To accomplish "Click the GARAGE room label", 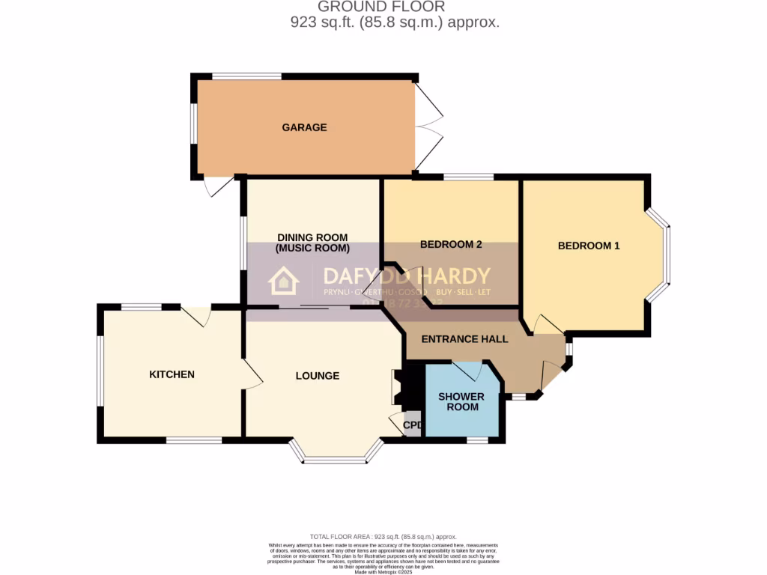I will click(x=304, y=127).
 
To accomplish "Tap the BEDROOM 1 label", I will click(x=589, y=246).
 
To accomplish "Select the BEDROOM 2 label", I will click(x=450, y=244).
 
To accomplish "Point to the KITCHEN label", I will click(x=172, y=374).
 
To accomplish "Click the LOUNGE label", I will click(x=317, y=376).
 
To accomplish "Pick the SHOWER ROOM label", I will click(x=461, y=401).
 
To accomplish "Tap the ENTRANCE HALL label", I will click(x=464, y=339).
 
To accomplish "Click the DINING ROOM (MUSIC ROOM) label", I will click(x=312, y=243).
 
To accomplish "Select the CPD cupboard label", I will click(x=413, y=425).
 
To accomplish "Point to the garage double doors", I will click(x=429, y=126).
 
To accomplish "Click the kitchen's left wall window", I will click(x=100, y=374).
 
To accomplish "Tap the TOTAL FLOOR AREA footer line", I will click(x=383, y=537).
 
